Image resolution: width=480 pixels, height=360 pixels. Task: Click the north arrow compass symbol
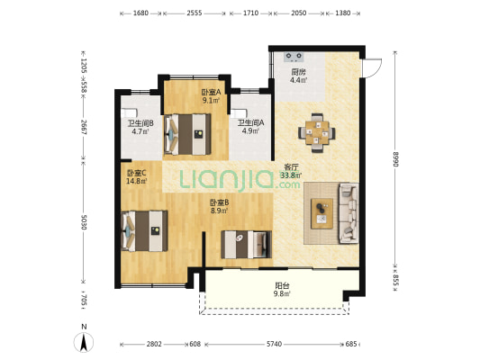(84, 342)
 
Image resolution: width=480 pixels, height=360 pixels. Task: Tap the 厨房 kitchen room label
(298, 72)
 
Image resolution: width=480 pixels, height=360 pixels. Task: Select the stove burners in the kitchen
(294, 57)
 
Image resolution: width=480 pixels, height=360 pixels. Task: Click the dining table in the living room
(317, 133)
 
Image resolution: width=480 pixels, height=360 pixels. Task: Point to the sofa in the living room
(349, 213)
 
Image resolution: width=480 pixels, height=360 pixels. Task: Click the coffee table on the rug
(322, 213)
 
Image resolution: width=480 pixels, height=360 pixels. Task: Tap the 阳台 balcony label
(282, 286)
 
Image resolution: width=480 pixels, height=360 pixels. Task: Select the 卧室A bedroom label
(211, 92)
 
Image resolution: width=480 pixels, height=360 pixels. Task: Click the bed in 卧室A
(187, 134)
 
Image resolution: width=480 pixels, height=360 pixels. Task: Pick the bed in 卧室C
(144, 231)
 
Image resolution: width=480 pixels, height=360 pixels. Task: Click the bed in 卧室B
(247, 244)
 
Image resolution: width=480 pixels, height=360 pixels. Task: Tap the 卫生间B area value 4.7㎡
(140, 131)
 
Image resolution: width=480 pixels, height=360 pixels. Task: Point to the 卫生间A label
(250, 123)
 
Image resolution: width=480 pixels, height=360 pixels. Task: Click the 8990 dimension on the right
(395, 159)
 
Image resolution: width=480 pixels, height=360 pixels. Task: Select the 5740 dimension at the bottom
(274, 344)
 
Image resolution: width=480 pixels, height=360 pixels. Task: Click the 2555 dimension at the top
(195, 13)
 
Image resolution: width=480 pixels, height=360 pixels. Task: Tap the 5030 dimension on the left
(84, 222)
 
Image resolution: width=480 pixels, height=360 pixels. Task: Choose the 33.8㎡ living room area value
(291, 175)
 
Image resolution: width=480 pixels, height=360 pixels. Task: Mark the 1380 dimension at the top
(343, 13)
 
